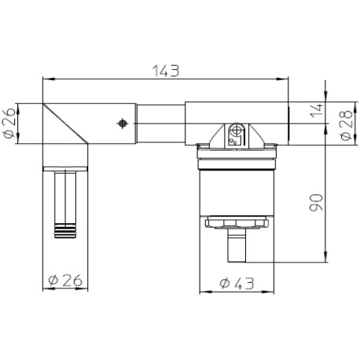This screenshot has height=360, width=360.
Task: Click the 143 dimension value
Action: point(167,70)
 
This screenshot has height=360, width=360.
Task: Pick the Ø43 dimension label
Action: point(236,282)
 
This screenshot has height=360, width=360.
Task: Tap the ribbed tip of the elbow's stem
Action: point(63,230)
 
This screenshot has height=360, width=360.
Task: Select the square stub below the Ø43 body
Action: point(236,246)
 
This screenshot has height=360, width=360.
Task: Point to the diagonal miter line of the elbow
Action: point(64,124)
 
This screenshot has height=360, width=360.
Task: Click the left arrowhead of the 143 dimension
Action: point(46,79)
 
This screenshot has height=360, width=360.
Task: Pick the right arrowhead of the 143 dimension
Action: point(285,79)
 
